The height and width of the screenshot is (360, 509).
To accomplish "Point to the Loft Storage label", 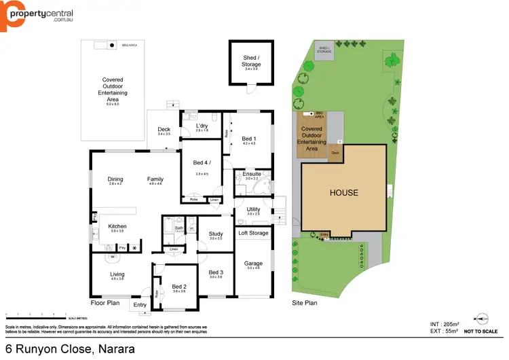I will point(253,233).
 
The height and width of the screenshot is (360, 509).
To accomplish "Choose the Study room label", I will point(216,234).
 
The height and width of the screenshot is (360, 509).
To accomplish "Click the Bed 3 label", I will point(216,272).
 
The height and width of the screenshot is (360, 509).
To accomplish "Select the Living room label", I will point(117,274).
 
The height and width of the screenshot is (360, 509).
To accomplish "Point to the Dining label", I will point(115,179).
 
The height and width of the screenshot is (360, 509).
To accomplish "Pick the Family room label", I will point(155,179).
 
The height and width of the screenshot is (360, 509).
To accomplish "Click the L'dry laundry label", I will point(202,126).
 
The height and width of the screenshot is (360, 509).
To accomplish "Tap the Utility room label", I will point(253,209).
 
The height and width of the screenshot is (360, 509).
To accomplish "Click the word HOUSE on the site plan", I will point(343,193).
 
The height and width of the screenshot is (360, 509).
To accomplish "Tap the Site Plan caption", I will point(305,303).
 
